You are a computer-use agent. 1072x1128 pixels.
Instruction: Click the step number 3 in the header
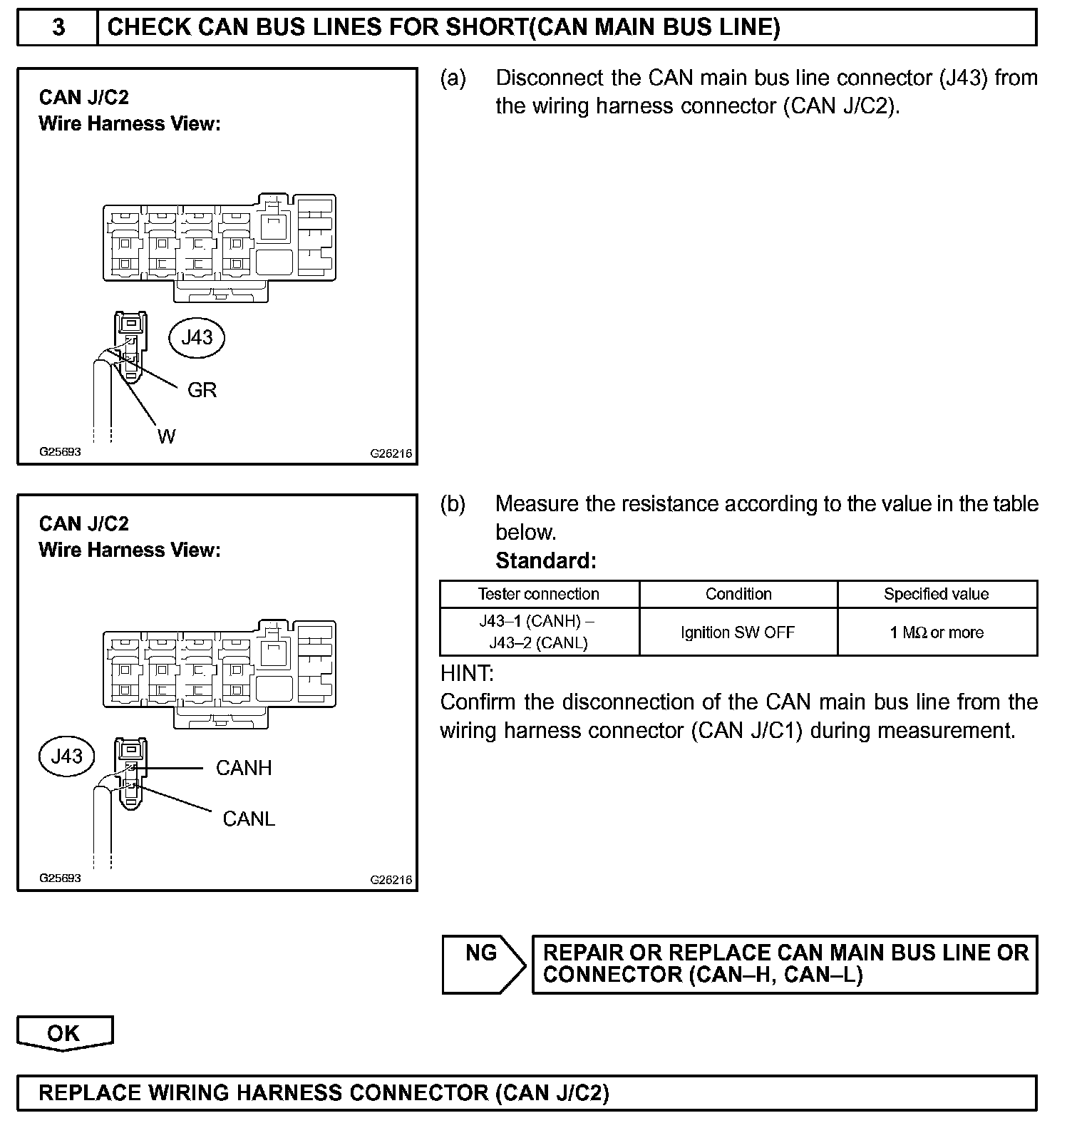(x=58, y=27)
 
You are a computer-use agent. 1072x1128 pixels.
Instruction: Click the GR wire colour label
(x=202, y=390)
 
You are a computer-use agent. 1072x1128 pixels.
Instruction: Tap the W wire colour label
(x=166, y=436)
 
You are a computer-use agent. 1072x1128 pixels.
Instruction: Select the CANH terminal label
(x=244, y=768)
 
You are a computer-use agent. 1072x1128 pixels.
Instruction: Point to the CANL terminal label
(x=249, y=819)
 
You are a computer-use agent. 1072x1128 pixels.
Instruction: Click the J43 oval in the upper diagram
(x=197, y=337)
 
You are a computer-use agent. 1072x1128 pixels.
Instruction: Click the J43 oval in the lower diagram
(x=67, y=757)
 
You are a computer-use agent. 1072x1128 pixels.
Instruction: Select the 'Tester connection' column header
(x=539, y=594)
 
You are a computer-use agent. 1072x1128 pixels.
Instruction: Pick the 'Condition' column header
(x=738, y=594)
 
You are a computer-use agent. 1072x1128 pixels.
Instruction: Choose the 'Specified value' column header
(x=937, y=594)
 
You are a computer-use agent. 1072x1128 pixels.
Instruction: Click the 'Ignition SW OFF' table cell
(x=738, y=632)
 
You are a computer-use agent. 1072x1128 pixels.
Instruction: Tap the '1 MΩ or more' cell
(x=937, y=632)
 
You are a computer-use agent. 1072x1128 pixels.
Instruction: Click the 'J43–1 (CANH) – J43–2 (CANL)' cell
(x=539, y=632)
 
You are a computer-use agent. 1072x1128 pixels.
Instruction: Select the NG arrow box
(x=483, y=963)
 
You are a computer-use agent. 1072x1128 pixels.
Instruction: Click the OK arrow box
(x=64, y=1033)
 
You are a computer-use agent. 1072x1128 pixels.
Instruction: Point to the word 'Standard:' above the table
(x=545, y=561)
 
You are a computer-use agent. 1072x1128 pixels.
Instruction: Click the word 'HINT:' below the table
(x=467, y=673)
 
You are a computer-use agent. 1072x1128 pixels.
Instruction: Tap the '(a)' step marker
(x=453, y=78)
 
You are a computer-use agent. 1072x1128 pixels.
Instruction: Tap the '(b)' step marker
(x=453, y=504)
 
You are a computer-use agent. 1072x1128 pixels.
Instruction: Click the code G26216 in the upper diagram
(x=391, y=453)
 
